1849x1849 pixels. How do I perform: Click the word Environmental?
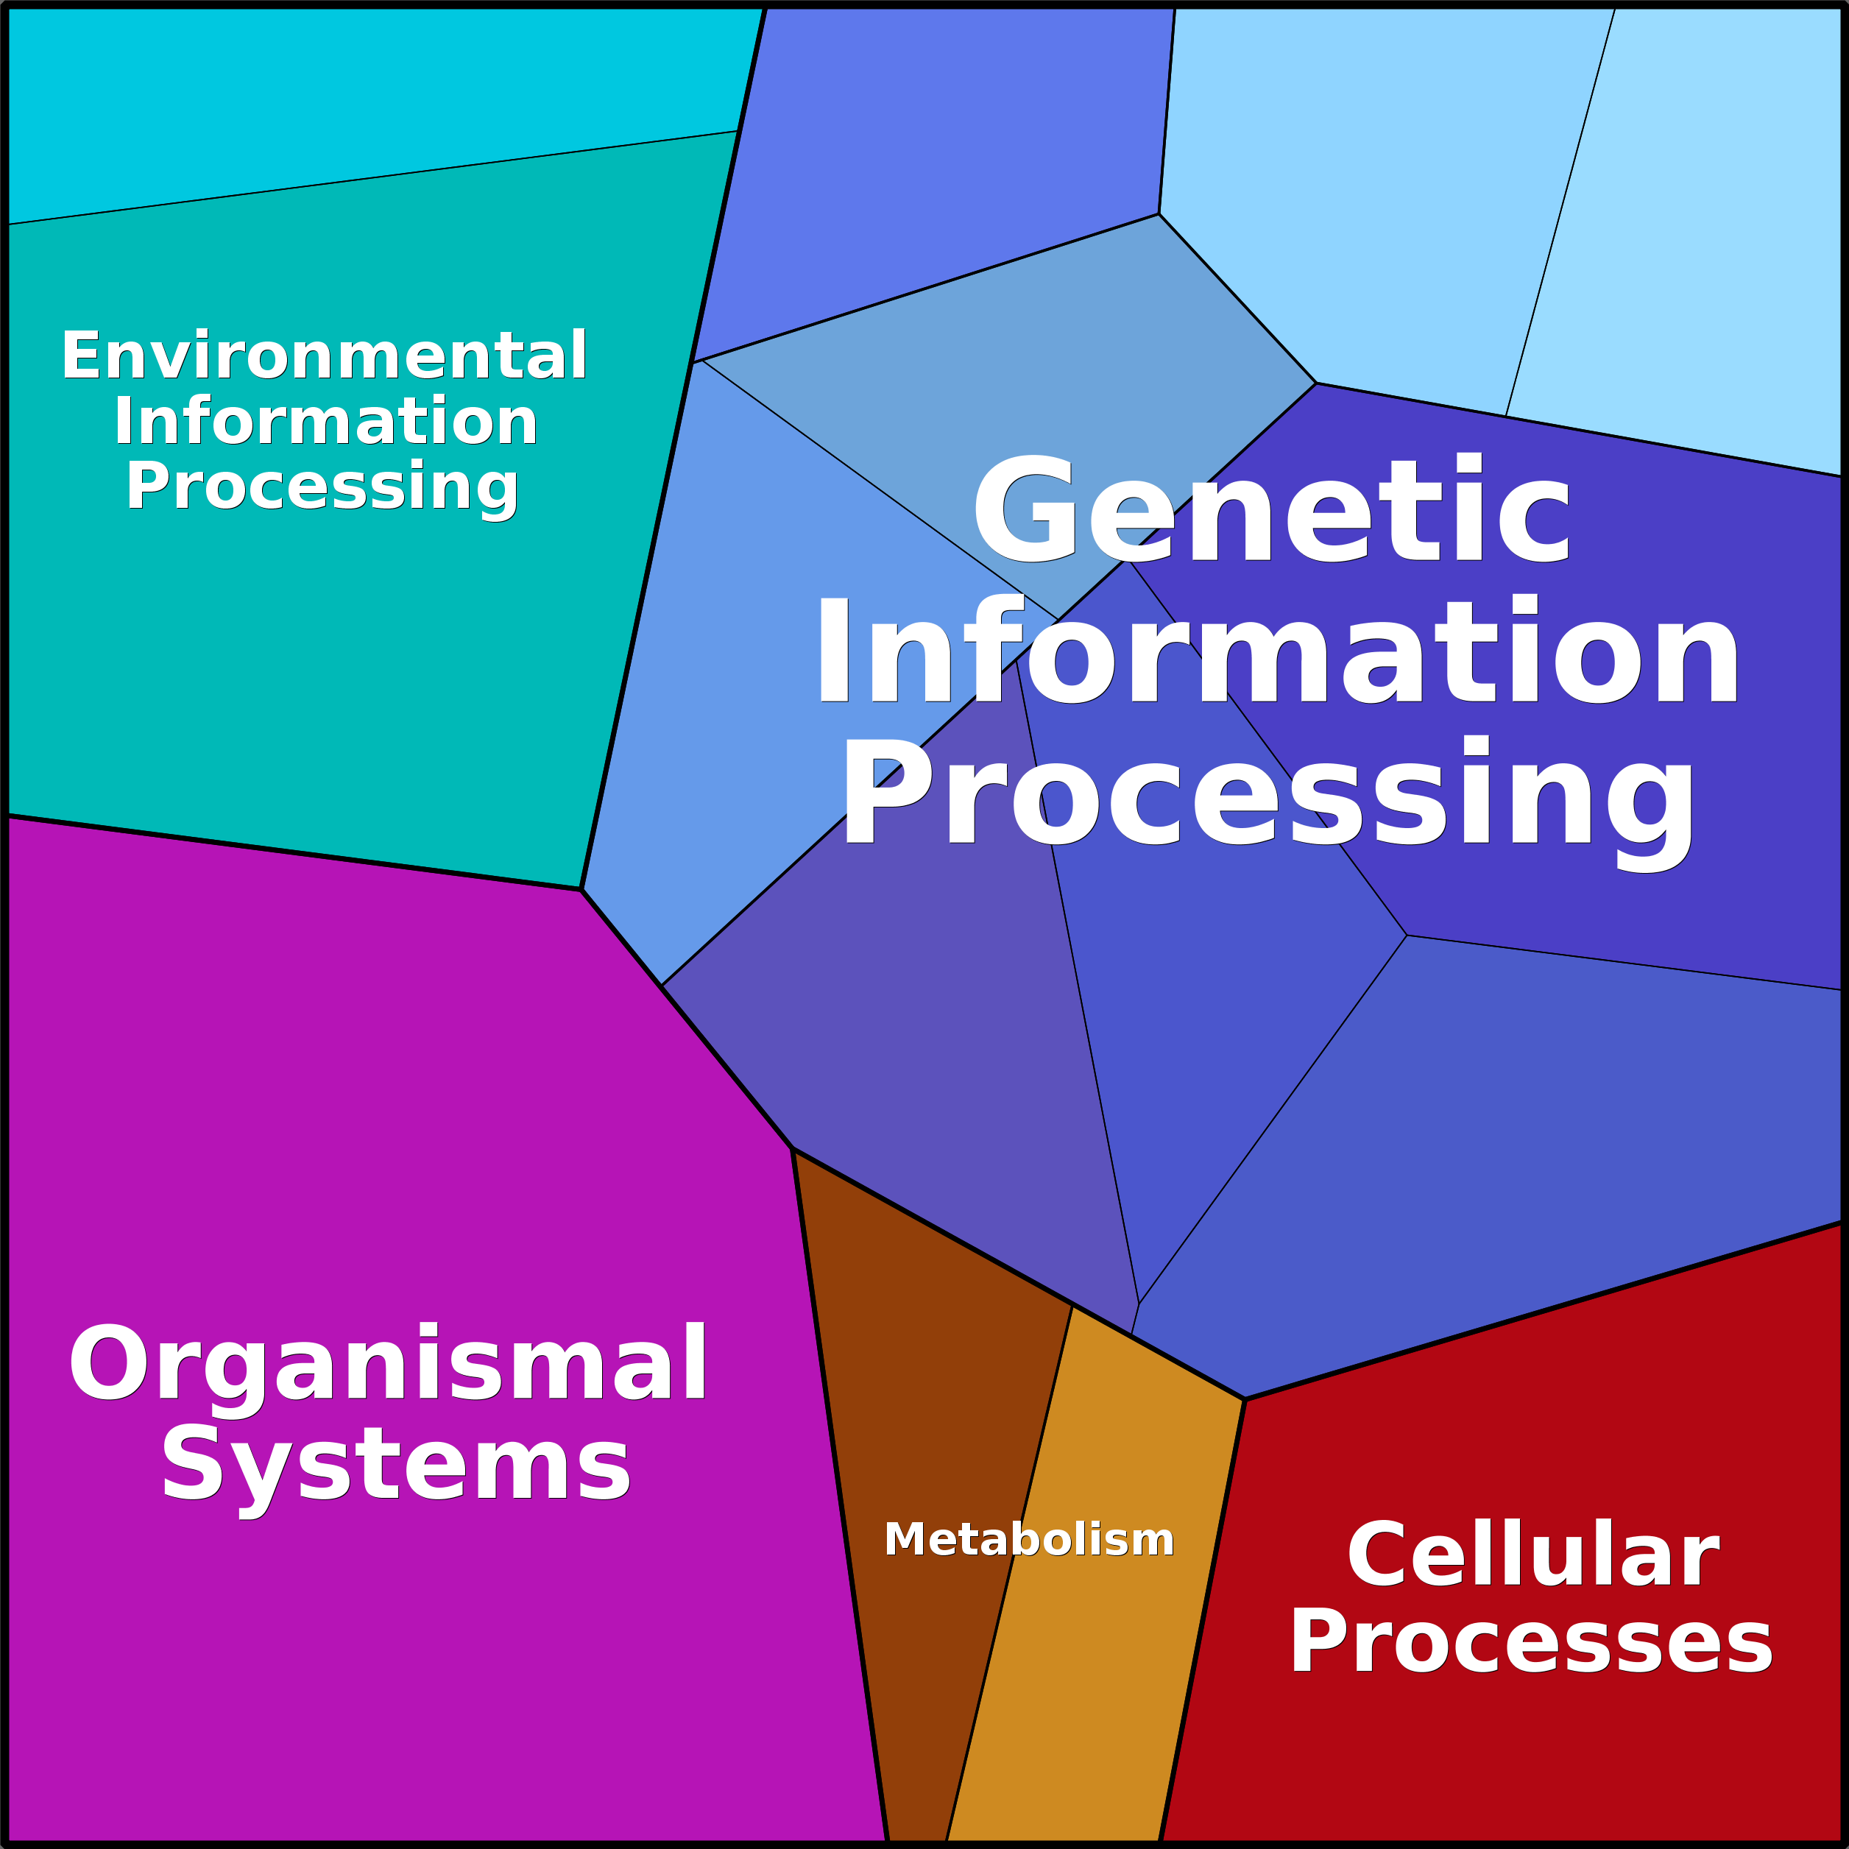coord(323,356)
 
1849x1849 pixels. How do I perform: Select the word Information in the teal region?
coord(325,422)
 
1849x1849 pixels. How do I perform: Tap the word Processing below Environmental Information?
coord(322,487)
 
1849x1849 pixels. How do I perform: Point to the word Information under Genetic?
coord(1276,653)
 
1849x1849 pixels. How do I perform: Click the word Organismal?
coord(388,1365)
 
